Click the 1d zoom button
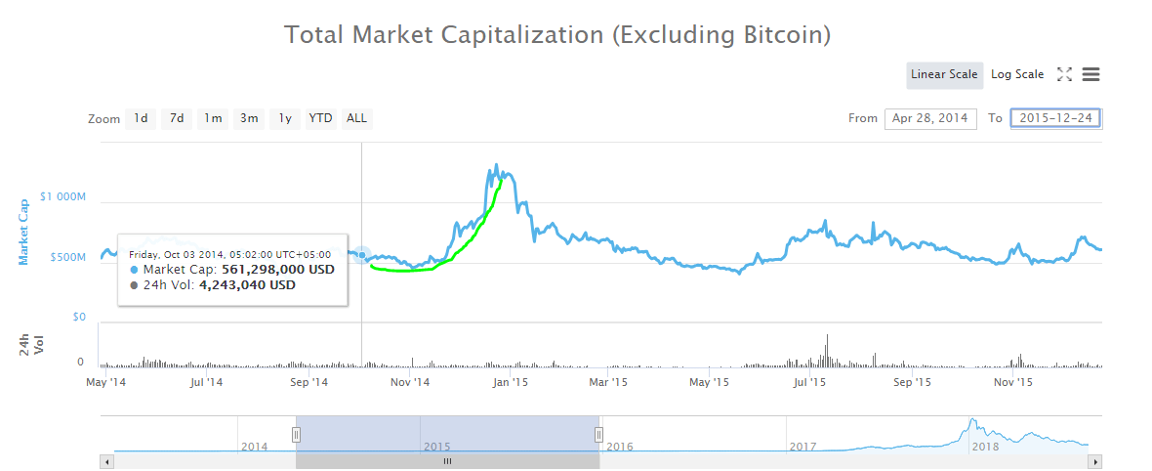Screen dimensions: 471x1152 tap(141, 118)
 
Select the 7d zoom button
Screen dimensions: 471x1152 tap(177, 118)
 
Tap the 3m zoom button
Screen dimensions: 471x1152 tap(249, 118)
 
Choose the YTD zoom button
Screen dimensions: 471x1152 tap(320, 118)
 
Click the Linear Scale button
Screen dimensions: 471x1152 tap(944, 74)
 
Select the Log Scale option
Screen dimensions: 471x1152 tap(1017, 74)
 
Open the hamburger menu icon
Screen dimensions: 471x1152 tap(1091, 74)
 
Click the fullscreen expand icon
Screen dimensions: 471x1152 tap(1065, 74)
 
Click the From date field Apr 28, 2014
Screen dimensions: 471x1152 tap(930, 118)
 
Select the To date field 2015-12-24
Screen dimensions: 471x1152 tap(1056, 118)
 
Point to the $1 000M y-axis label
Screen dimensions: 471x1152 tap(62, 196)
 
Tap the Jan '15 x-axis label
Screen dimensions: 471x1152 tap(511, 382)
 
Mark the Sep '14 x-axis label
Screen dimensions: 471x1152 tap(309, 382)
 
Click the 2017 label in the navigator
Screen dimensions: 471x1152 tap(802, 447)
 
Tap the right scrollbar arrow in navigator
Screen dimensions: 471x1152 tap(1095, 461)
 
